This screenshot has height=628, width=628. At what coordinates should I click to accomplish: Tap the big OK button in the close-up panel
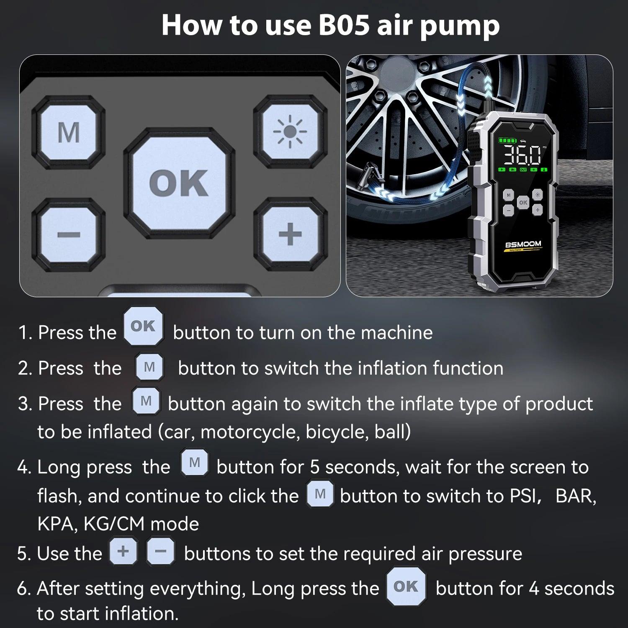[179, 183]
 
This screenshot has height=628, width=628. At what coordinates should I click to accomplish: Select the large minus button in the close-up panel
[69, 234]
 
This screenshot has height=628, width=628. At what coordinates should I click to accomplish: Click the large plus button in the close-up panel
[290, 234]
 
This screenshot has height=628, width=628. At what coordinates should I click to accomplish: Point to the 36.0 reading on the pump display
[522, 155]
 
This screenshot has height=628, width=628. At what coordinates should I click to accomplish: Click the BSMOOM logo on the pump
[523, 244]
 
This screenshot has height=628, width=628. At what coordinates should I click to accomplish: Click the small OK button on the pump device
[523, 202]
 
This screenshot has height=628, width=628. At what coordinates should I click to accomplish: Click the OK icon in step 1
[143, 326]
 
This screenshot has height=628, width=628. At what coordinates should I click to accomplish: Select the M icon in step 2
[149, 367]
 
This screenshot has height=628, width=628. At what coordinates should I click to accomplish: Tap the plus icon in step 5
[123, 551]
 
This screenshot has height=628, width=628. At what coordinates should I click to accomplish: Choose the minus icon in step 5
[161, 551]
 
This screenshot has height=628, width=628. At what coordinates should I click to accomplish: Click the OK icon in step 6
[406, 587]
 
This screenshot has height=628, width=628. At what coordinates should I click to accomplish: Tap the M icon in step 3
[146, 401]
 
